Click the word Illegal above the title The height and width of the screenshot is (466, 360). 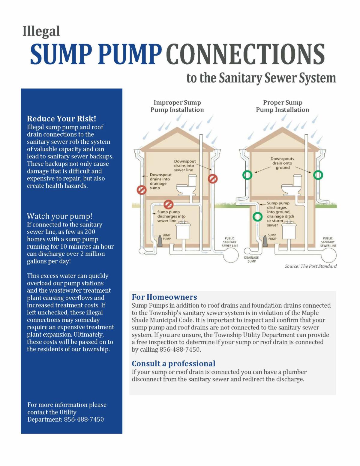pos(41,32)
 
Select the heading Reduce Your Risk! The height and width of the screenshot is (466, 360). pos(61,119)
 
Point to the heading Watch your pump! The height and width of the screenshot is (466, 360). pos(60,216)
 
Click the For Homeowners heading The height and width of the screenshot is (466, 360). pos(164,297)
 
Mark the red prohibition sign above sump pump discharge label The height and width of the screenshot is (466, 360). pos(169,204)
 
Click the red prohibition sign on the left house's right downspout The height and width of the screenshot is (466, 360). pos(213,179)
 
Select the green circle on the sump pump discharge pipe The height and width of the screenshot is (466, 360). pos(257,217)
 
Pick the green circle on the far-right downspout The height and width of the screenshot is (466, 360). pos(318,175)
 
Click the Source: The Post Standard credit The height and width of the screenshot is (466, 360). pos(311,266)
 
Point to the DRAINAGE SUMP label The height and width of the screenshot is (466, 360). pos(251,260)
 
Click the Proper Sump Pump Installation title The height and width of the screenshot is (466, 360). pos(282,106)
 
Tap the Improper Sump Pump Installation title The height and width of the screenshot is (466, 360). pos(177,106)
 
